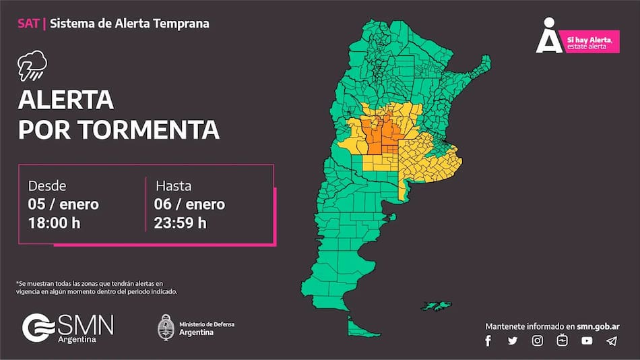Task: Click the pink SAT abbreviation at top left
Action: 29,24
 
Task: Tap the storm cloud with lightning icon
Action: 32,66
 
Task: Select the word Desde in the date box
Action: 47,186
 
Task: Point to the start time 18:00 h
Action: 54,222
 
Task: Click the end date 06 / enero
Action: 190,204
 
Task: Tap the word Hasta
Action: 174,186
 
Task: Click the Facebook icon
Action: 488,341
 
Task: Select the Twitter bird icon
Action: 513,341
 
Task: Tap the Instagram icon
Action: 537,341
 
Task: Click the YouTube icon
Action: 587,341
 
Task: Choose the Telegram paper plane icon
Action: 611,341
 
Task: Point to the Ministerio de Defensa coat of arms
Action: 166,328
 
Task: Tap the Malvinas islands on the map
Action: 439,306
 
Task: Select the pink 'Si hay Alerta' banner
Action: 591,42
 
